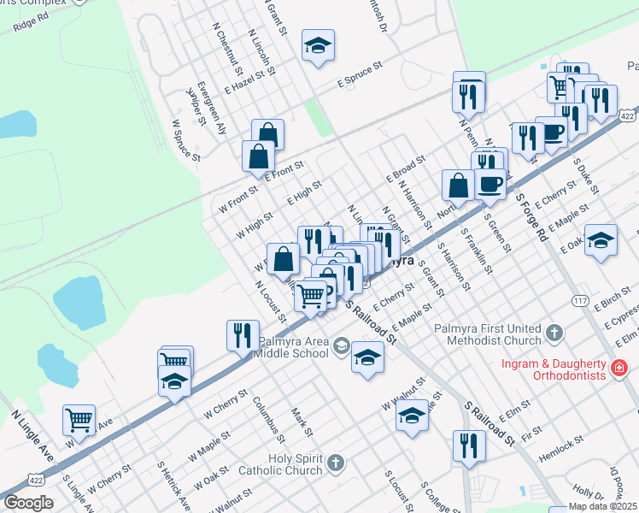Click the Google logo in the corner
pyautogui.click(x=28, y=503)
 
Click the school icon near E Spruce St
pyautogui.click(x=318, y=47)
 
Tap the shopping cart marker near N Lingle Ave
pyautogui.click(x=79, y=422)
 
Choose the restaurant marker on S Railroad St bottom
pyautogui.click(x=469, y=446)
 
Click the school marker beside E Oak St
pyautogui.click(x=601, y=240)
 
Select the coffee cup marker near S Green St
pyautogui.click(x=490, y=183)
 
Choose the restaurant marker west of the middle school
pyautogui.click(x=243, y=335)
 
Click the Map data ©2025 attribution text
pyautogui.click(x=602, y=505)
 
